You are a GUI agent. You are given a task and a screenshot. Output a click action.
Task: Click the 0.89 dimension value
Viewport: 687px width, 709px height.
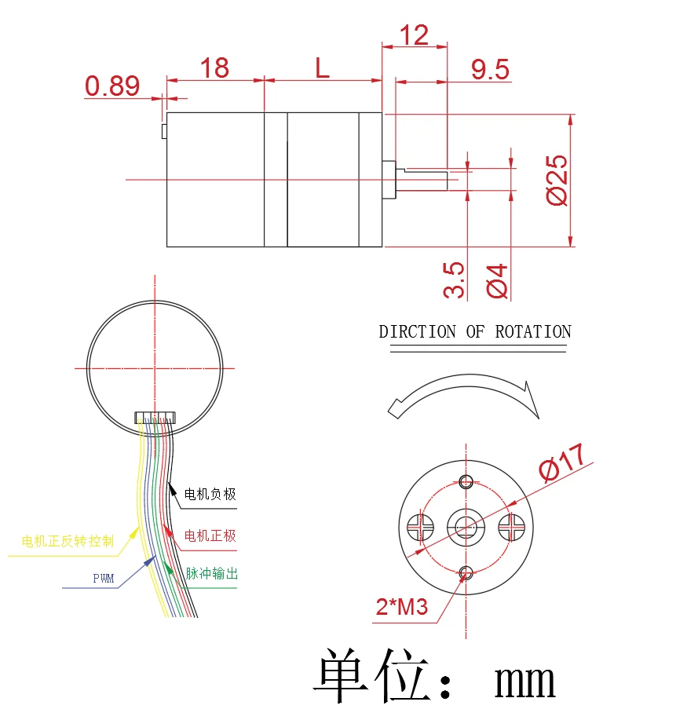tap(111, 86)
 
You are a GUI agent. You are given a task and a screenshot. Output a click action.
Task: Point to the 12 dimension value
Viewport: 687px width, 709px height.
tap(414, 35)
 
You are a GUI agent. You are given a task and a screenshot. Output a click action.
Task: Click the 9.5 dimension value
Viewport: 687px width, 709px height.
tap(491, 70)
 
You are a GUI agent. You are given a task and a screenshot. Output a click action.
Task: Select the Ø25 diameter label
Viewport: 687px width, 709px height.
tap(558, 180)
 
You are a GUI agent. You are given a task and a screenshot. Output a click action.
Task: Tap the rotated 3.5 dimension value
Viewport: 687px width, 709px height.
tap(455, 280)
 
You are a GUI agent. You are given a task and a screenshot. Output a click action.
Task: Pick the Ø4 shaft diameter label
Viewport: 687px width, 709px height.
tap(498, 280)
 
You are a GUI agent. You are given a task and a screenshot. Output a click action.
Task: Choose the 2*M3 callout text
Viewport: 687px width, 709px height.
tap(401, 606)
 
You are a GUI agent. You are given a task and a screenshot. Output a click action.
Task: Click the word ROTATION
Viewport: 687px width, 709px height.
tap(532, 331)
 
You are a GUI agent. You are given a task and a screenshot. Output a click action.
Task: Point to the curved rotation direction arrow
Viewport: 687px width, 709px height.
tap(463, 393)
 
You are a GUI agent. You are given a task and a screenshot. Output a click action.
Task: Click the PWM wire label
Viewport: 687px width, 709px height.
tap(104, 579)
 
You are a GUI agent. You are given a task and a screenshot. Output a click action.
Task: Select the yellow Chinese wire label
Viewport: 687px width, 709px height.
tap(68, 541)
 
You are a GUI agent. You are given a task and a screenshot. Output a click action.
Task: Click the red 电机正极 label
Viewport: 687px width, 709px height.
tap(210, 536)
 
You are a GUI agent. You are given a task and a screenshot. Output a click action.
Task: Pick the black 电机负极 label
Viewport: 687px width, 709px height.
tap(210, 494)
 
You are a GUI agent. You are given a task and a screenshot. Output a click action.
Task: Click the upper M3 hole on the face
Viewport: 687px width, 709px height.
tap(466, 481)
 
